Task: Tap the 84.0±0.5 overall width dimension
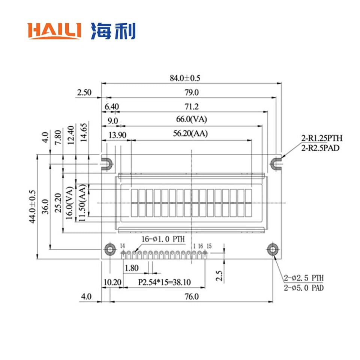(x=185, y=78)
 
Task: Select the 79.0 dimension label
(x=191, y=93)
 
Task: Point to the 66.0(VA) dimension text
(x=192, y=120)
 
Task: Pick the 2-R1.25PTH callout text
(x=322, y=138)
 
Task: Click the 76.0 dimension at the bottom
(x=191, y=297)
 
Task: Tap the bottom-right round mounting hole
(x=273, y=249)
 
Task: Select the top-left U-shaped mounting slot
(x=107, y=163)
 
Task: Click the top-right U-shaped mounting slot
(x=277, y=163)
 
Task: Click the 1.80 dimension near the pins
(x=131, y=268)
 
